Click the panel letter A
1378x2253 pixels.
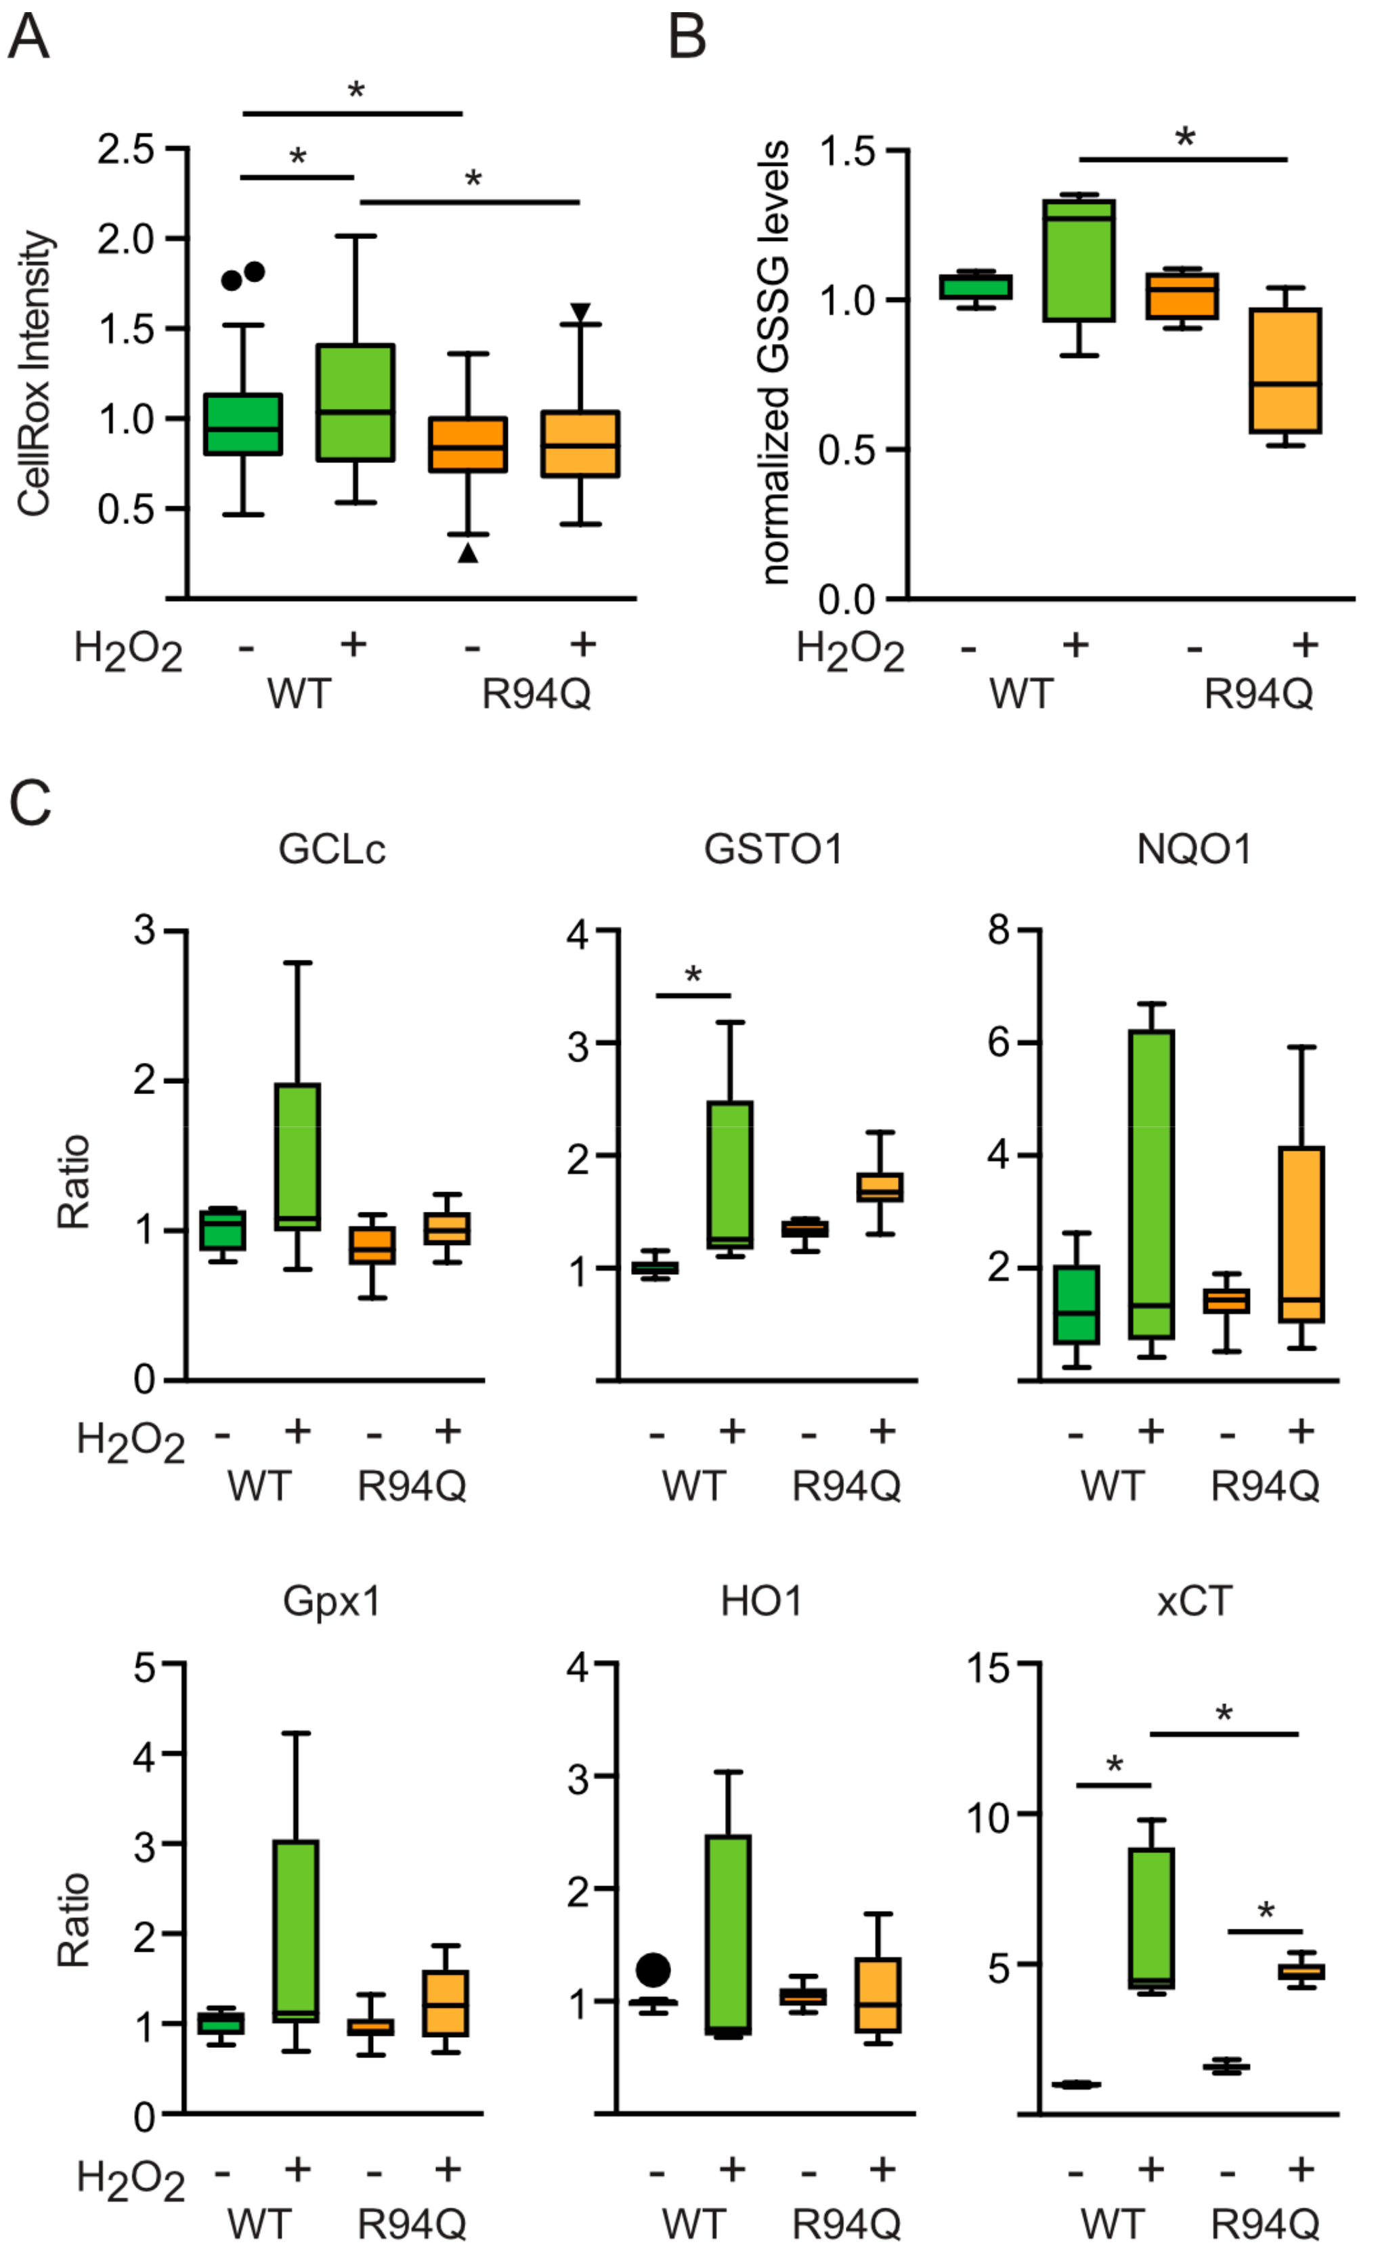(x=28, y=39)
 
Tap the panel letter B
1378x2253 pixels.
(x=687, y=39)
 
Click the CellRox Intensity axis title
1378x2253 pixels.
(x=35, y=373)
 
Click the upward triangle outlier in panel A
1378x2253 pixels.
(x=468, y=552)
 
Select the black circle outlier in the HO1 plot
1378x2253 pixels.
(x=654, y=1969)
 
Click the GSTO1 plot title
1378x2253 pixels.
(x=773, y=850)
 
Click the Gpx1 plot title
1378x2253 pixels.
(x=332, y=1601)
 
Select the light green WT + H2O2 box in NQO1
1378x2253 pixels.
(x=1151, y=1184)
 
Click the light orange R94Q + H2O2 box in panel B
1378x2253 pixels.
(x=1286, y=370)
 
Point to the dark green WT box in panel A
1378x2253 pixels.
(x=242, y=424)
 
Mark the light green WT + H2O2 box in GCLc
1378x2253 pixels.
(x=297, y=1157)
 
